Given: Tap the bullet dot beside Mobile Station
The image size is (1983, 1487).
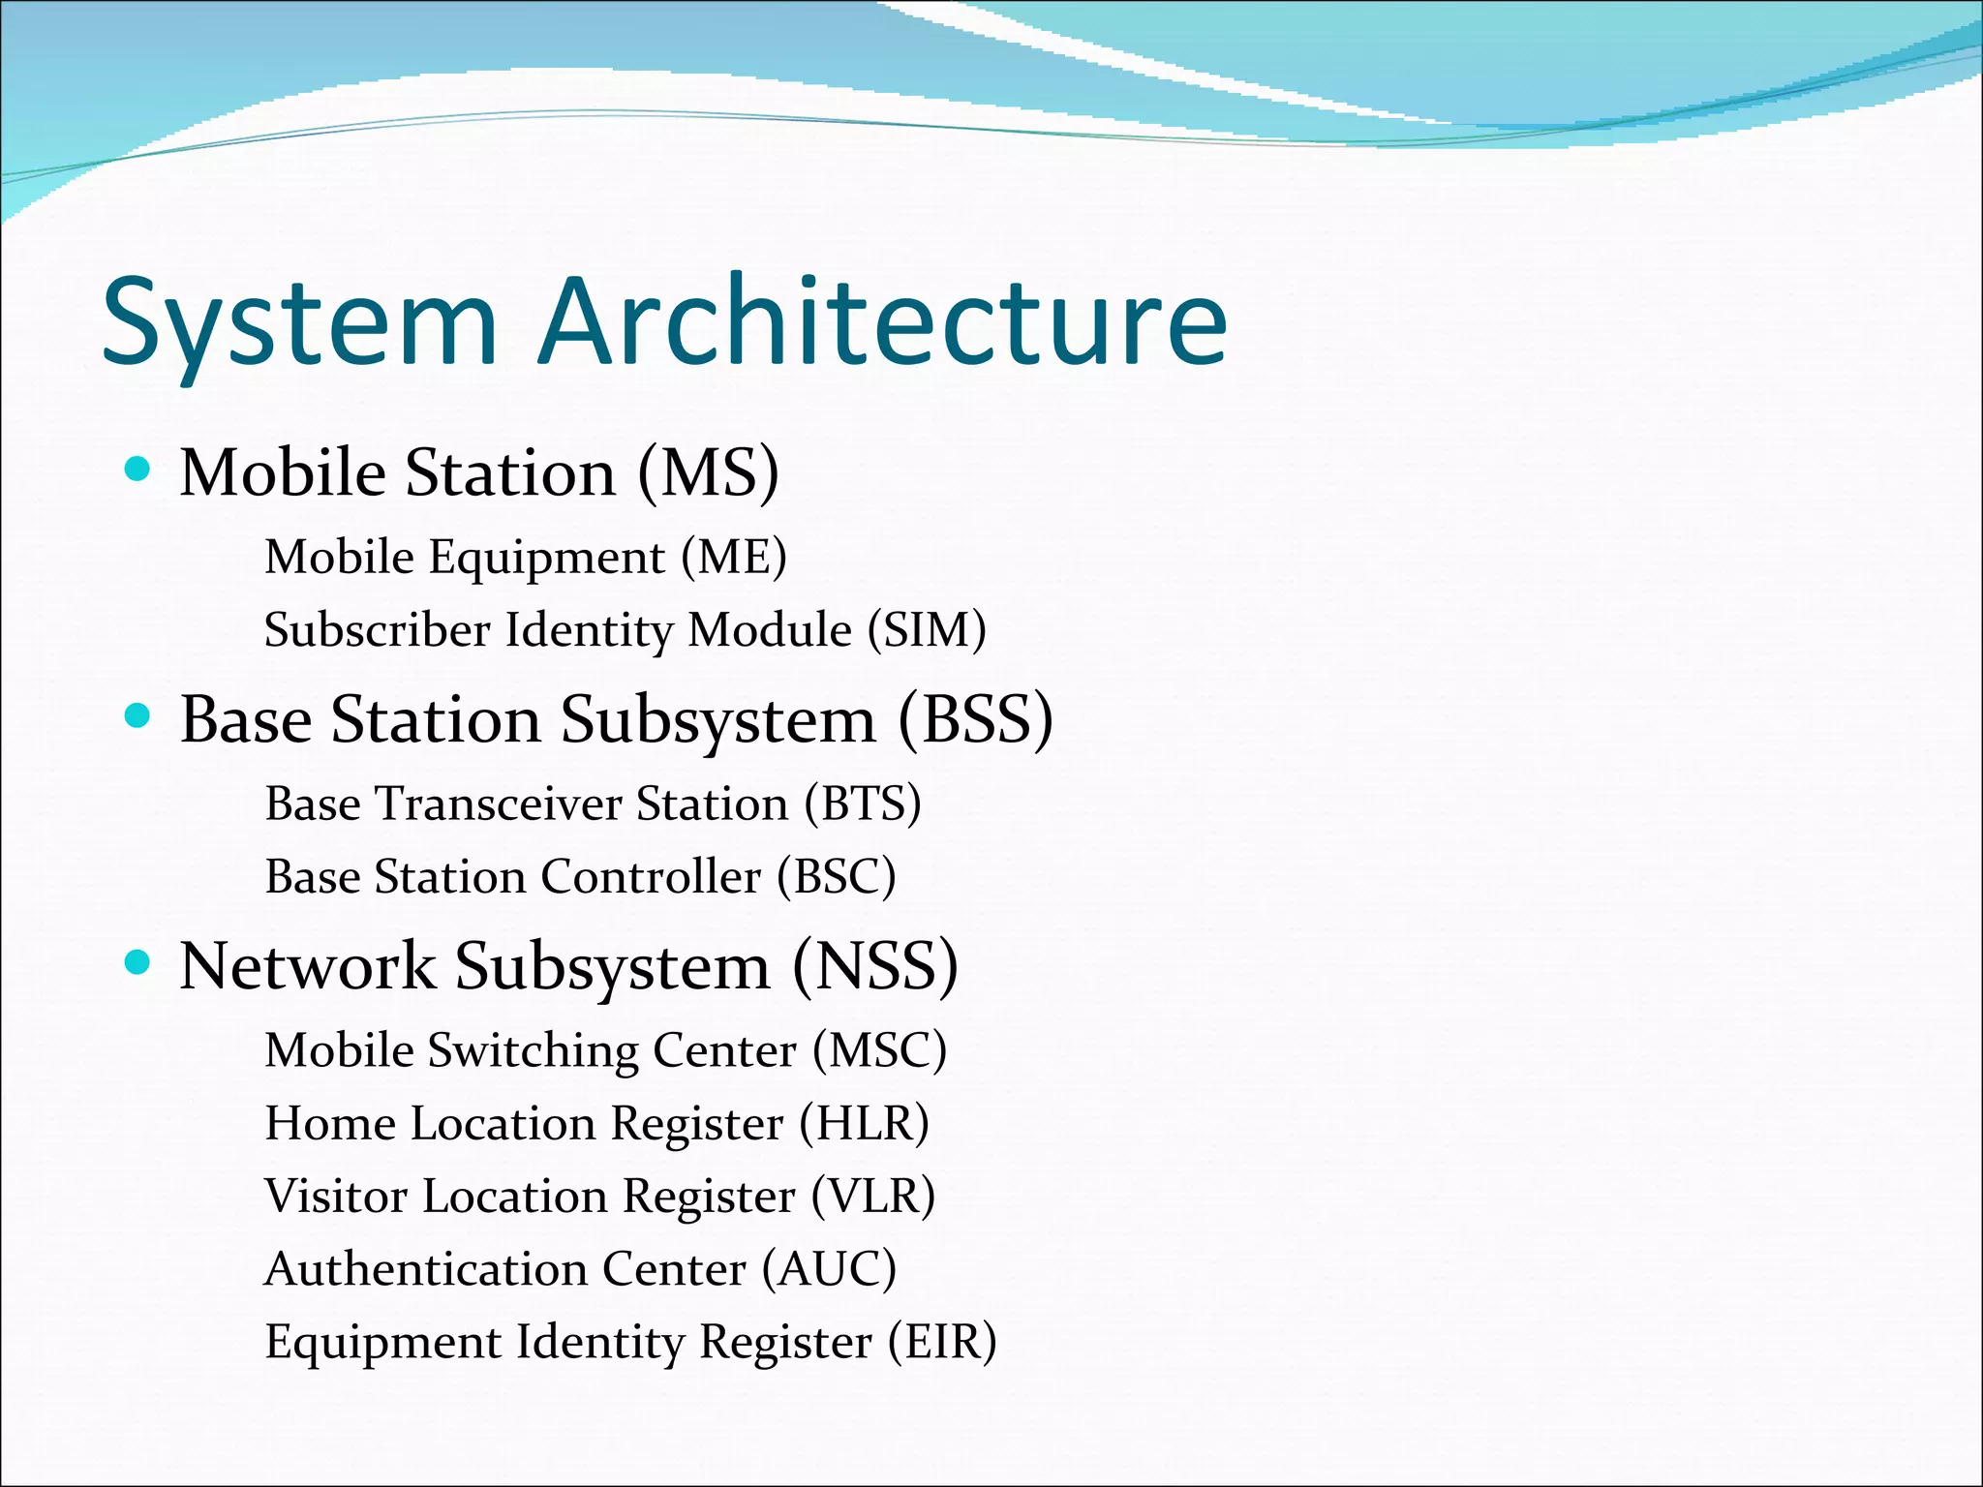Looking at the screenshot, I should pyautogui.click(x=138, y=470).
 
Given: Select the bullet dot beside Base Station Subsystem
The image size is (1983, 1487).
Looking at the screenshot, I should pyautogui.click(x=138, y=716).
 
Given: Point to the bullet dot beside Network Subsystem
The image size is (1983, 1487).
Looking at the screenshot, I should pyautogui.click(x=138, y=962).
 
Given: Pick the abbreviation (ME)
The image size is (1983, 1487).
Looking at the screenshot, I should pyautogui.click(x=733, y=557).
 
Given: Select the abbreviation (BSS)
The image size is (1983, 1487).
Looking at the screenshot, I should pyautogui.click(x=975, y=719).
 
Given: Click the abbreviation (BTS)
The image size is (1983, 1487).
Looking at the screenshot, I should pyautogui.click(x=862, y=804).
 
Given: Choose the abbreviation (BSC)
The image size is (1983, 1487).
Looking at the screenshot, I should pyautogui.click(x=836, y=877).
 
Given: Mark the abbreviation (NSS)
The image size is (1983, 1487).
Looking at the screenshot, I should pyautogui.click(x=875, y=966).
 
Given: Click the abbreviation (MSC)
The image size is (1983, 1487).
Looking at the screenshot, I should pyautogui.click(x=879, y=1050).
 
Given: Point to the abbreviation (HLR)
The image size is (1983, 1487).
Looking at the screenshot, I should pyautogui.click(x=864, y=1124).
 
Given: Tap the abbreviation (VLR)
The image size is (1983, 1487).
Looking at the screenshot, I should pyautogui.click(x=872, y=1197).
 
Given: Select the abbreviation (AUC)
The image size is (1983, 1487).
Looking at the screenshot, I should pyautogui.click(x=829, y=1269).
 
